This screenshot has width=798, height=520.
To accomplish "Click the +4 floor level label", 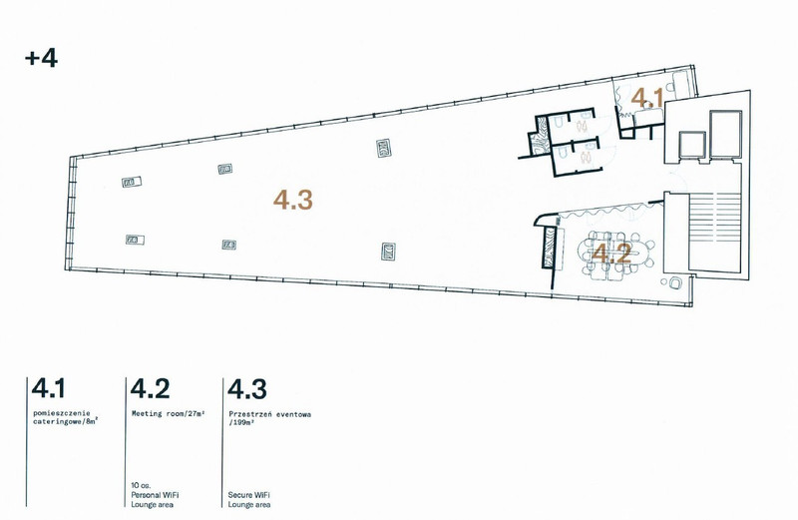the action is tap(41, 58).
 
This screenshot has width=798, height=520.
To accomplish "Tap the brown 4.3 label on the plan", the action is tap(293, 200).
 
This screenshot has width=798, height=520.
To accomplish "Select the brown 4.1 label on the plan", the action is tap(647, 98).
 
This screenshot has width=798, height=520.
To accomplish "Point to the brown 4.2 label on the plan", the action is tap(612, 254).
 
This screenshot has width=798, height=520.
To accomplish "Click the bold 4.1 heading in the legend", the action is tap(48, 388).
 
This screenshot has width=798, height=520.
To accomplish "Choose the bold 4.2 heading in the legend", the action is tap(151, 388).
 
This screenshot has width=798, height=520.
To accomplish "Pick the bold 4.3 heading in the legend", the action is tap(246, 388).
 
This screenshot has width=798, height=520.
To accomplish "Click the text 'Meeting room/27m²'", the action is tap(168, 413).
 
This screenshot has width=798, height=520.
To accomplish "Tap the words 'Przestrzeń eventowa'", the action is tap(269, 414).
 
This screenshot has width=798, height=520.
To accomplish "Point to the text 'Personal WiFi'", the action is tap(155, 494).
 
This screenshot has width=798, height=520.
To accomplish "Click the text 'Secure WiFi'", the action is tap(248, 494).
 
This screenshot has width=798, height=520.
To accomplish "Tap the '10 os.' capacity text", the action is tap(141, 485).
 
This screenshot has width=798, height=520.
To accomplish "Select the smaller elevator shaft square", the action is tap(692, 145).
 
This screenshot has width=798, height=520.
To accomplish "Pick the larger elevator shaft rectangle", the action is tap(726, 134).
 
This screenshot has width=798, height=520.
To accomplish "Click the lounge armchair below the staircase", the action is tap(676, 282).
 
